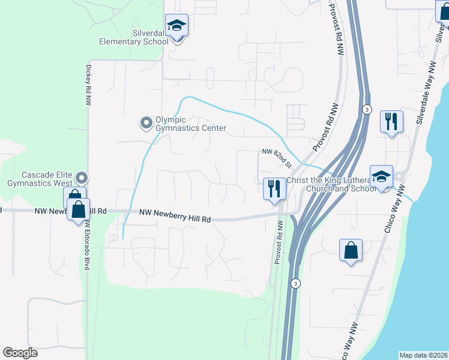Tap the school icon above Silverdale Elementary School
tap(176, 26)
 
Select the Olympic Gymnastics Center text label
tap(191, 124)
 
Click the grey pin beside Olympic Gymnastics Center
tap(145, 123)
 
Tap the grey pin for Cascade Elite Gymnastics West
tap(83, 178)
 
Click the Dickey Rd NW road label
tap(88, 86)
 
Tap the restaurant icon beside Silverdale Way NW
tap(391, 122)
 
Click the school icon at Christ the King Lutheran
tap(381, 176)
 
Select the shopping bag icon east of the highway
tap(351, 250)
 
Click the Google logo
tap(20, 353)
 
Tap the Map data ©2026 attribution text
tap(423, 355)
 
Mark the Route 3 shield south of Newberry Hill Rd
tap(295, 283)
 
